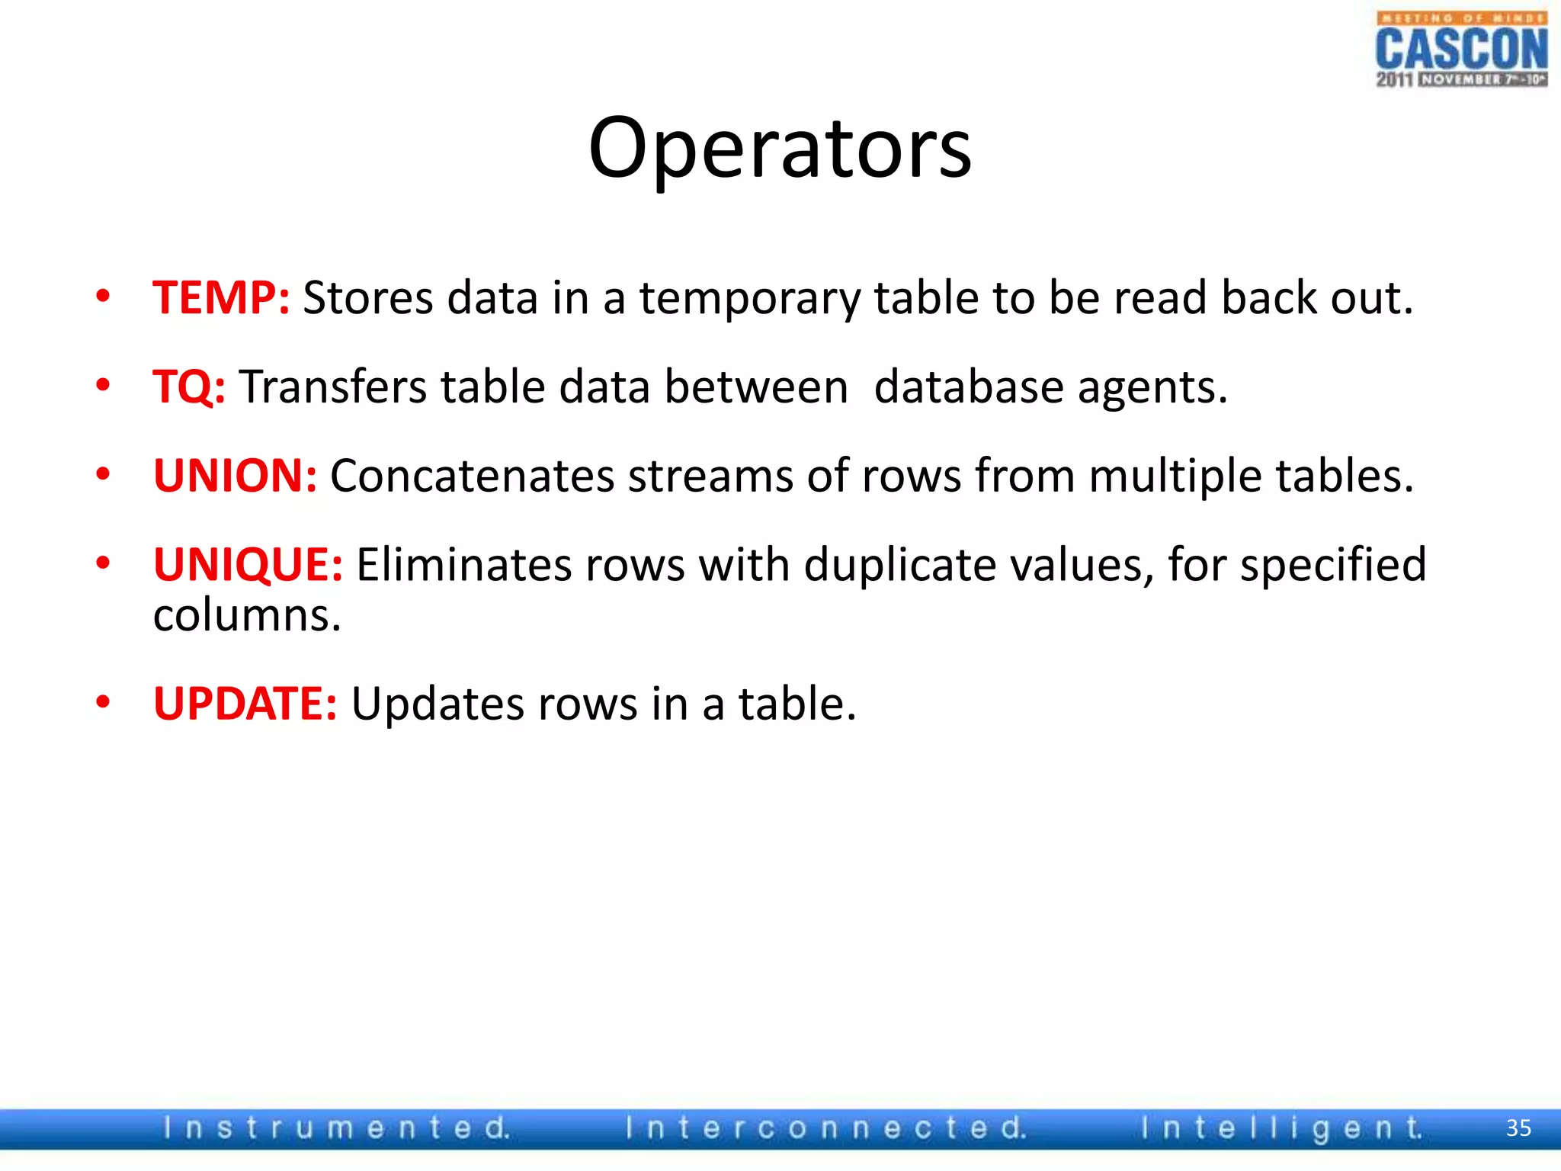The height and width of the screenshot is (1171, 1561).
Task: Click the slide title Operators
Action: pyautogui.click(x=780, y=149)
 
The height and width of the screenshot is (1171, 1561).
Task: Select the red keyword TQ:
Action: pyautogui.click(x=189, y=387)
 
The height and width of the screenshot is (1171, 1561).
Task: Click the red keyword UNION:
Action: pyautogui.click(x=235, y=476)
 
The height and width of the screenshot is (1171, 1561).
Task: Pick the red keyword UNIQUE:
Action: pyautogui.click(x=248, y=565)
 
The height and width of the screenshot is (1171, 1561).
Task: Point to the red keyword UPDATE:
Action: pyautogui.click(x=245, y=703)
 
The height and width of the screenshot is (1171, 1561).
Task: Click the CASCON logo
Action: pyautogui.click(x=1461, y=50)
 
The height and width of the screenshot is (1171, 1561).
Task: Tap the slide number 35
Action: pyautogui.click(x=1518, y=1128)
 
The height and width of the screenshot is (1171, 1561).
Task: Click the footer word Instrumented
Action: pyautogui.click(x=336, y=1128)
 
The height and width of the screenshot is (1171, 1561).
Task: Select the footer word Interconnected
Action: pyautogui.click(x=825, y=1128)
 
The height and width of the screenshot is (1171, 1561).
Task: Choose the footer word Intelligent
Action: pyautogui.click(x=1281, y=1128)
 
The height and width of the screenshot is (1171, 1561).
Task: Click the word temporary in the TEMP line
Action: pyautogui.click(x=749, y=299)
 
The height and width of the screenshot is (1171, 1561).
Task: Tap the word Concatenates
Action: pyautogui.click(x=472, y=476)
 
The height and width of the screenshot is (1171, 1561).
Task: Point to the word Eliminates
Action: pyautogui.click(x=463, y=565)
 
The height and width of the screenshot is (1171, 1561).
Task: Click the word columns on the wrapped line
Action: pyautogui.click(x=246, y=616)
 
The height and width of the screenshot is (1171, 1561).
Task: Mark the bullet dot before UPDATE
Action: pyautogui.click(x=103, y=702)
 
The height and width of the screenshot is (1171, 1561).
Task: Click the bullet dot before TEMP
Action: pyautogui.click(x=103, y=297)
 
